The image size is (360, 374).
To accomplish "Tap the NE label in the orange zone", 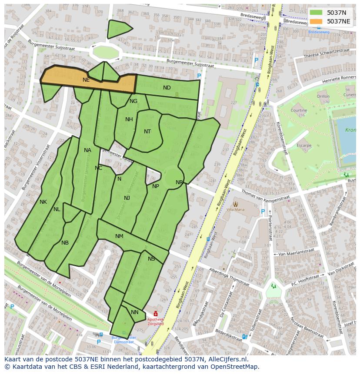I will (86, 80).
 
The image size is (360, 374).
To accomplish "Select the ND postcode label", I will (167, 88).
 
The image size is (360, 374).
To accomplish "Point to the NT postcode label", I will (147, 132).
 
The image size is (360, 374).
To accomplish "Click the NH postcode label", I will (129, 119).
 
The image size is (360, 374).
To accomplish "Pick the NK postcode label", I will (43, 202).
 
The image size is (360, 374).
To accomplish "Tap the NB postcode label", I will (65, 243).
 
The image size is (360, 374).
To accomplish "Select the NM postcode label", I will (119, 236).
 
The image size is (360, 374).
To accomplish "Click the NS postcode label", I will (151, 259).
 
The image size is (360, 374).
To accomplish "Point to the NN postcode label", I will (135, 312).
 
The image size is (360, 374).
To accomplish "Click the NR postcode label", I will (179, 182).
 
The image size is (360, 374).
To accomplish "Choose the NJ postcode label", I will (127, 198).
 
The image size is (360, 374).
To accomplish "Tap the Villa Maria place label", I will (236, 209).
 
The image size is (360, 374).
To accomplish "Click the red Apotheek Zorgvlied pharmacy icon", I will (156, 314).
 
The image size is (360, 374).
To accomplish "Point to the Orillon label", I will (323, 96).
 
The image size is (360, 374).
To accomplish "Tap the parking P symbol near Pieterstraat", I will (263, 212).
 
